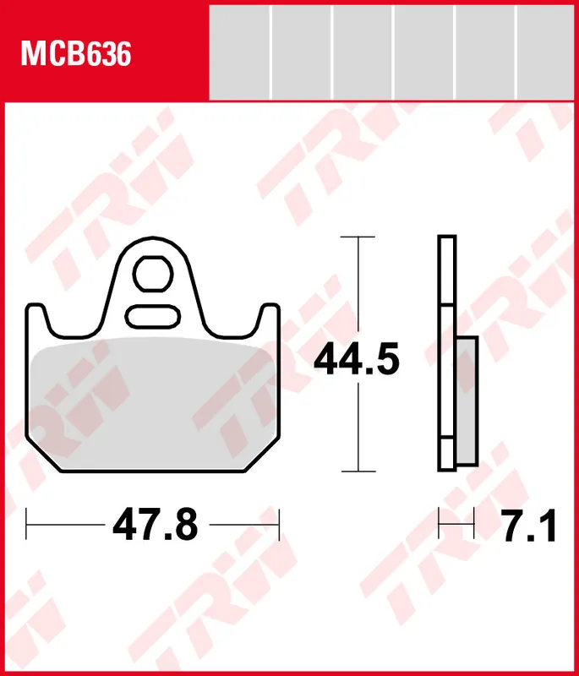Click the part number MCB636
(76, 55)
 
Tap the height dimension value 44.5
(356, 361)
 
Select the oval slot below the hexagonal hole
(153, 317)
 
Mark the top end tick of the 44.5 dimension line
(359, 237)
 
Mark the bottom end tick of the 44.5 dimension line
(359, 471)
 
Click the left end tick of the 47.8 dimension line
(27, 524)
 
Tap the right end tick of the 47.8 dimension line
(279, 524)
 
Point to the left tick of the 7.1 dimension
(439, 525)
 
